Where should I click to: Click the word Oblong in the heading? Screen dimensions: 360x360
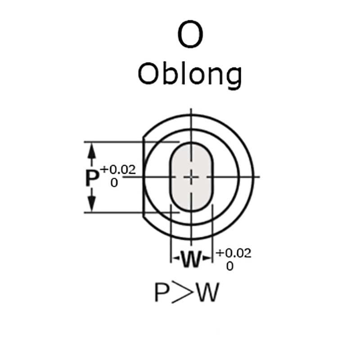[x=189, y=74]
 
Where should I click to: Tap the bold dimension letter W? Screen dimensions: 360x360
[x=191, y=259]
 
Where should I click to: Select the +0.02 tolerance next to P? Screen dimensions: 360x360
[x=118, y=170]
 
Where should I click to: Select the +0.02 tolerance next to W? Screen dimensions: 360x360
[x=234, y=253]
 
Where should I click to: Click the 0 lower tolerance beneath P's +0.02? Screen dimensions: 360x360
[x=114, y=183]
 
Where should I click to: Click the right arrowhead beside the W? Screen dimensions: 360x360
[x=207, y=259]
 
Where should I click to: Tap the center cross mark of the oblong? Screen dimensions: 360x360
[x=192, y=177]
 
